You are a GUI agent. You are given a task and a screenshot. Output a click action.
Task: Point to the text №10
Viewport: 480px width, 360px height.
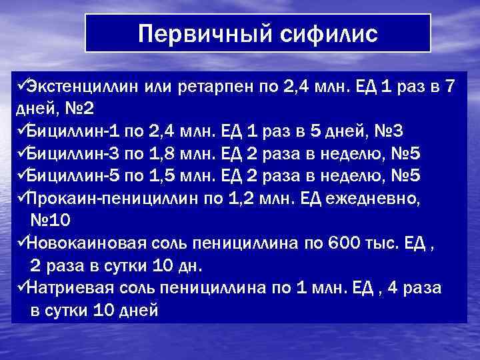(53, 220)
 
